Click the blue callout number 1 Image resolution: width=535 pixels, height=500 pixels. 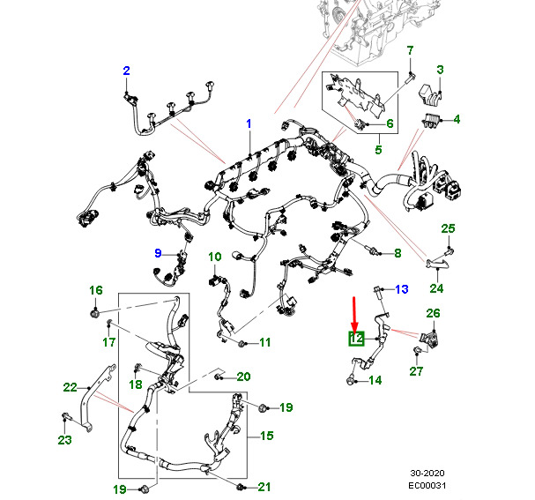coord(249,123)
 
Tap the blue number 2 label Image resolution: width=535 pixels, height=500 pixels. coord(126,71)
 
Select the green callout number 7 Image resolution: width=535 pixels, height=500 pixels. coord(410,50)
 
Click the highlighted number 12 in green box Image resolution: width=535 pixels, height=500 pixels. coord(357,339)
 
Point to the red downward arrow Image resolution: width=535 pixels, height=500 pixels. coord(354,315)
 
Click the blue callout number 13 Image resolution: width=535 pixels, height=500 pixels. coord(402,289)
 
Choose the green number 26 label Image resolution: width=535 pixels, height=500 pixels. coord(433,313)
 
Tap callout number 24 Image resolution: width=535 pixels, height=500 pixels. coord(436,288)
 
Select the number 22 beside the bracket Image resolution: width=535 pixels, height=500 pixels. coord(70,387)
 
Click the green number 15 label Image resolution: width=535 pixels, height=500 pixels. coord(266,436)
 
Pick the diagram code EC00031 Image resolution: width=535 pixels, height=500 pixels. coord(427,485)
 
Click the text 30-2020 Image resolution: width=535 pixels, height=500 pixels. coord(427,473)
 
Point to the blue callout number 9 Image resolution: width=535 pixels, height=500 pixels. coord(158,253)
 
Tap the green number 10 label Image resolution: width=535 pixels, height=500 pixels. coord(215,257)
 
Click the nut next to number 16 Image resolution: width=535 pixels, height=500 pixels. coord(95,313)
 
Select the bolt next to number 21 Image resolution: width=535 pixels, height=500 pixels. coord(241,487)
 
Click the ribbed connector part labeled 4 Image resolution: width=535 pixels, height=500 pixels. coord(432,121)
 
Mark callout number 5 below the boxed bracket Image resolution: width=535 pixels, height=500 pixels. coord(378,150)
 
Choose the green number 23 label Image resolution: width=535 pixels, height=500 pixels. coord(64,440)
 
